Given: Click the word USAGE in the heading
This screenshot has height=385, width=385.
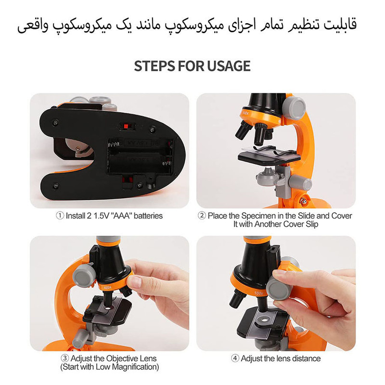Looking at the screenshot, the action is [x=229, y=66].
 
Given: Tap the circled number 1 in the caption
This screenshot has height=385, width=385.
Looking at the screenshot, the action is [x=60, y=216].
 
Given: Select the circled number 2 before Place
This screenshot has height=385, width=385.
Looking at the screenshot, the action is [x=202, y=216].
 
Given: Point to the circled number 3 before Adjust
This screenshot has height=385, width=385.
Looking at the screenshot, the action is [x=64, y=358].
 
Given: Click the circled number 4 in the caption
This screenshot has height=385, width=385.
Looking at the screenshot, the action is [x=235, y=358].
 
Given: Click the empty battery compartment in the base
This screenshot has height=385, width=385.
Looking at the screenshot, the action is [x=141, y=156].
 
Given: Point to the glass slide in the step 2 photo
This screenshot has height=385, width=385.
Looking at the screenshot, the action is [x=269, y=152].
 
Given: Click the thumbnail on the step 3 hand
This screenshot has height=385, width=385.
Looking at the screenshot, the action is [x=134, y=282].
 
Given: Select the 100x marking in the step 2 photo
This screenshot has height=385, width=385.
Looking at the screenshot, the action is [x=245, y=113].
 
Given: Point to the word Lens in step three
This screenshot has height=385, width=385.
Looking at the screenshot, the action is [x=148, y=358].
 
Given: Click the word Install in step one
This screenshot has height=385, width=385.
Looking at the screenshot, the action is [x=76, y=216].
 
